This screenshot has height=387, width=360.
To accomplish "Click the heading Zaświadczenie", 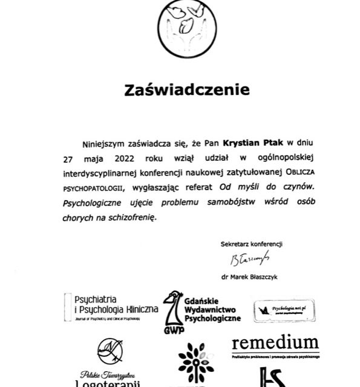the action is coord(186,90).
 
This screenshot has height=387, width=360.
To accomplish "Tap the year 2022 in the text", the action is coord(125,160).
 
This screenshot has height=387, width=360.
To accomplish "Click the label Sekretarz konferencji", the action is coord(252,244).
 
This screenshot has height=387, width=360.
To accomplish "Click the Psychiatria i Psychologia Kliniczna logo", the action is coord(112,307).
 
